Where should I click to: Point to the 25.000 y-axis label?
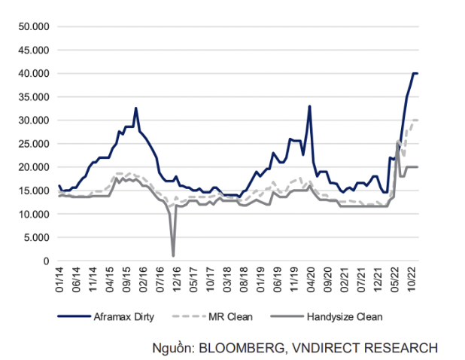[x=34, y=143]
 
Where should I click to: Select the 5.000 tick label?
[x=36, y=237]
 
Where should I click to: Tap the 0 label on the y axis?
[x=46, y=261]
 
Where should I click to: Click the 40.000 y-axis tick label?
[x=34, y=73]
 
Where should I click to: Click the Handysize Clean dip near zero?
[x=174, y=255]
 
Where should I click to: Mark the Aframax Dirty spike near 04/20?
[x=309, y=106]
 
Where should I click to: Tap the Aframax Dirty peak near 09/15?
[x=136, y=108]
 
